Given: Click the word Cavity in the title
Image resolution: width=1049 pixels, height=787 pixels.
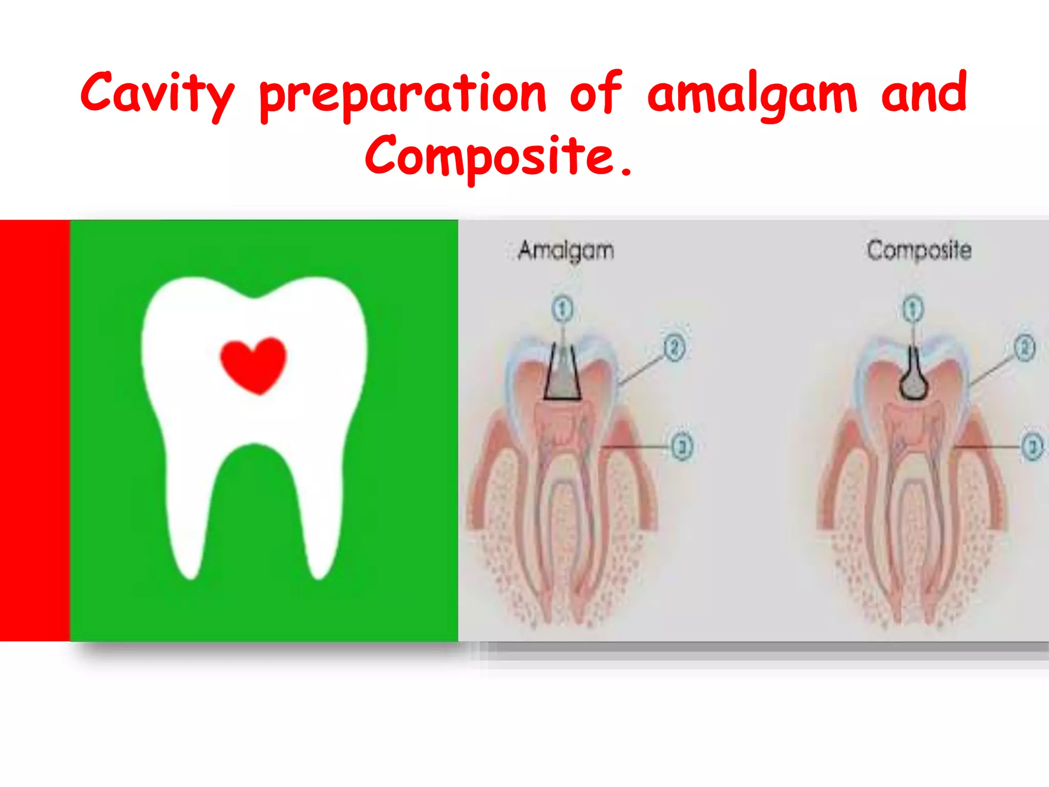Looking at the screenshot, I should [157, 94].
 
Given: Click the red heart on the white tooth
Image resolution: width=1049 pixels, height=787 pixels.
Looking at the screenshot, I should [253, 364].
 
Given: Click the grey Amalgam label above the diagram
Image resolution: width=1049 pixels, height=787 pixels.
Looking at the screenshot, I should [566, 251].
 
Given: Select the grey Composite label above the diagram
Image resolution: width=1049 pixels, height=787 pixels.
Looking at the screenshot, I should [919, 251].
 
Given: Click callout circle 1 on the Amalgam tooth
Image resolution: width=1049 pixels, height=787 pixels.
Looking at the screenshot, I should [562, 309].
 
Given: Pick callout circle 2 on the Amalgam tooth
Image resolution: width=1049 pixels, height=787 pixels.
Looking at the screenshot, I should [675, 348].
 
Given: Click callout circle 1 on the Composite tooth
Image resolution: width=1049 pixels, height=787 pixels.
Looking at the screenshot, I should [912, 309].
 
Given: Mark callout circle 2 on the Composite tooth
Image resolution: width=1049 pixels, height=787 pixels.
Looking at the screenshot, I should [1025, 348].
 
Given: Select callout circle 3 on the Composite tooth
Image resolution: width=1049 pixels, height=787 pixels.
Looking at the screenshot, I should [1033, 447].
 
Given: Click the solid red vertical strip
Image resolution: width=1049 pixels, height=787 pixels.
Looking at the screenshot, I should [34, 430].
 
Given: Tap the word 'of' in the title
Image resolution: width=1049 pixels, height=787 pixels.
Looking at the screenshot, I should [596, 93].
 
